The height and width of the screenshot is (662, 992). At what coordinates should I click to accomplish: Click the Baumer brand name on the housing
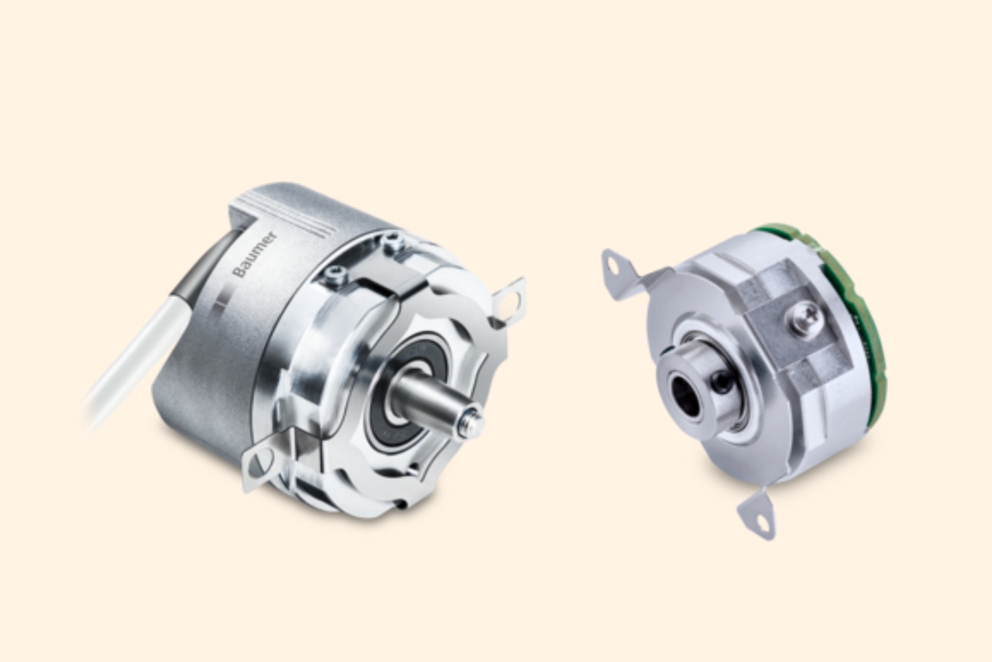(x=254, y=254)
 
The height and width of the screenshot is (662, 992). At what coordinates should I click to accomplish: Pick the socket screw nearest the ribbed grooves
(x=391, y=242)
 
